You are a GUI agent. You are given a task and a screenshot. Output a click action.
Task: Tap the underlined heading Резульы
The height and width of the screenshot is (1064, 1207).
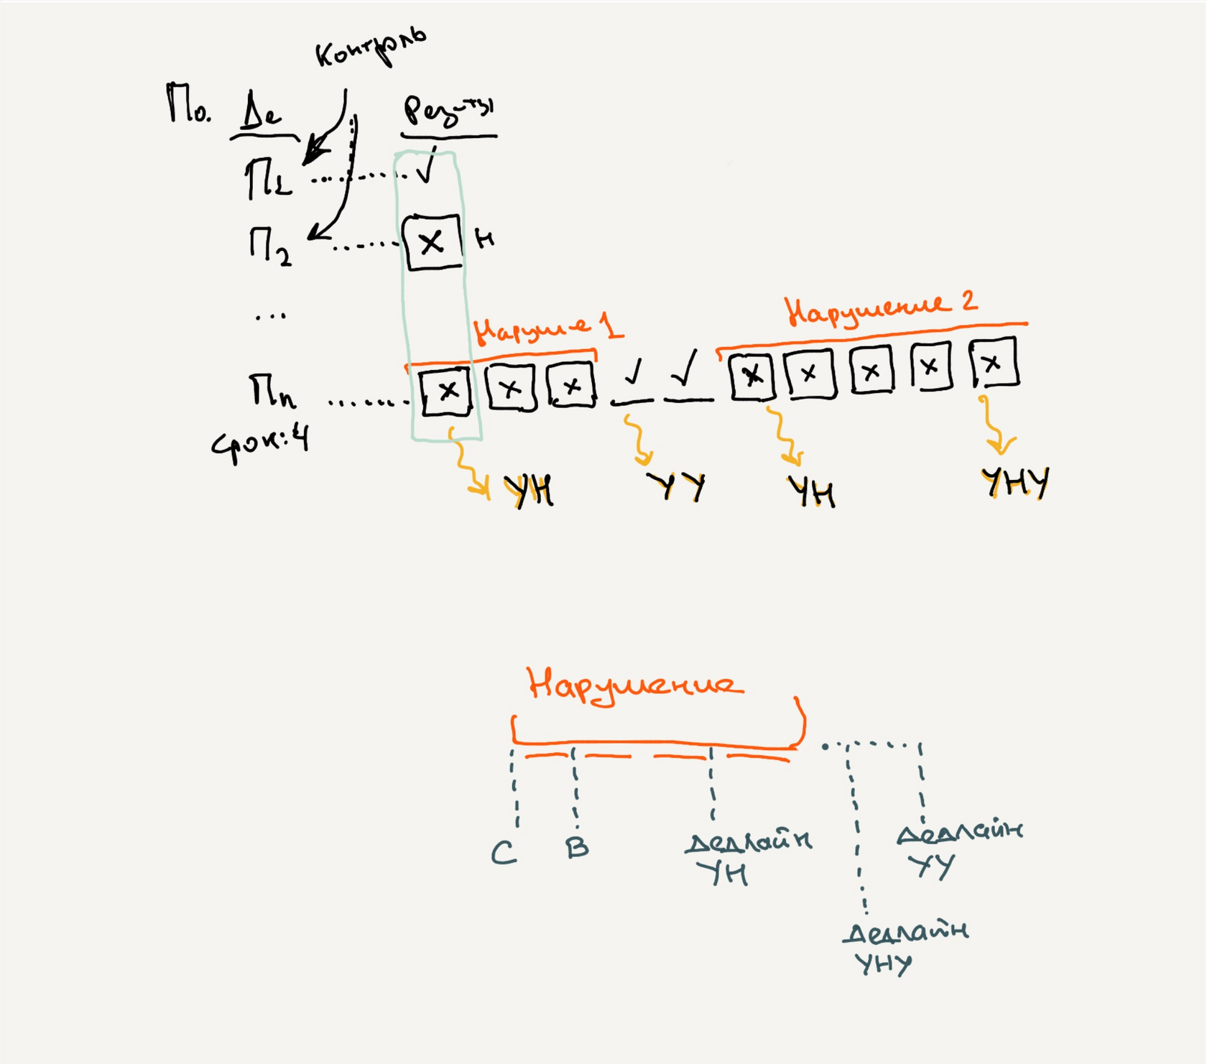448,111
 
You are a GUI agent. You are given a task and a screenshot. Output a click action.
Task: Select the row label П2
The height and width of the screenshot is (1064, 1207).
270,246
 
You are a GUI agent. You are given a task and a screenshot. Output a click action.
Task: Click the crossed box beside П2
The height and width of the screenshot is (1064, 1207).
432,243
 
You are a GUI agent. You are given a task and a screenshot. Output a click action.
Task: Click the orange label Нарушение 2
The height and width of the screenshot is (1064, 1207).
881,308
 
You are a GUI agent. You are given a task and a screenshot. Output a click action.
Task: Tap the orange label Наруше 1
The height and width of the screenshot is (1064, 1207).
547,329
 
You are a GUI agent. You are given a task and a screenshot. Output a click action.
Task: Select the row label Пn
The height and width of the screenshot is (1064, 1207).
272,392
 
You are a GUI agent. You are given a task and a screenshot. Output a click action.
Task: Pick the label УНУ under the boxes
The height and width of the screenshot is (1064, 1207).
1014,482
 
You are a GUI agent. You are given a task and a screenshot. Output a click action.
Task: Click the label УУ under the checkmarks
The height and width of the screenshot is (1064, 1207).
677,486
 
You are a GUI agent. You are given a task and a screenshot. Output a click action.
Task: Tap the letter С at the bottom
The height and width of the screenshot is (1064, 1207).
504,853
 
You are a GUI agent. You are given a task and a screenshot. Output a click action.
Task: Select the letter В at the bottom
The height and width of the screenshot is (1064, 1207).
577,848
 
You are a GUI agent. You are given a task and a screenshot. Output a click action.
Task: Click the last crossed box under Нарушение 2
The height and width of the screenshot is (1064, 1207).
994,363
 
